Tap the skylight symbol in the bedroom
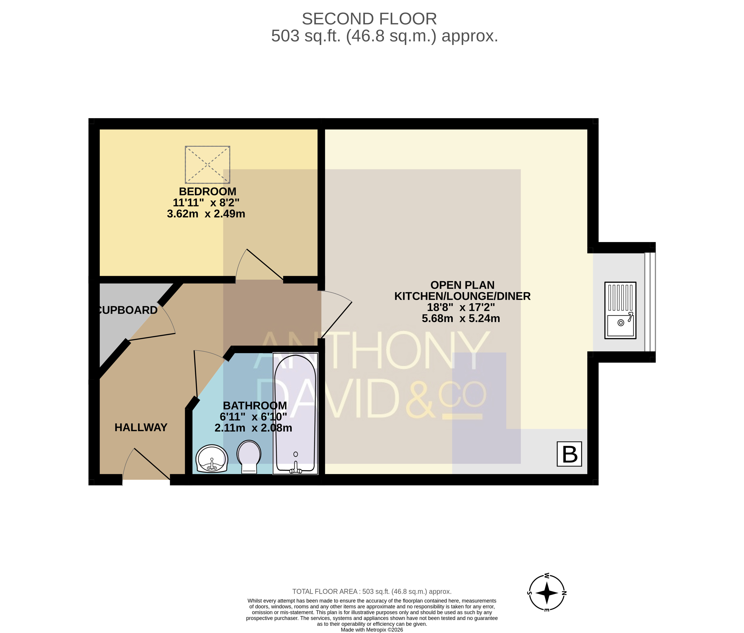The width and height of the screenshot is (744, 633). coord(207,165)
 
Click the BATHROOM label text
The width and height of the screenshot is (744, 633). coord(255,405)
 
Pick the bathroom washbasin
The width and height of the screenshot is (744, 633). coord(212,459)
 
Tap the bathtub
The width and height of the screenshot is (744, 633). coord(295,413)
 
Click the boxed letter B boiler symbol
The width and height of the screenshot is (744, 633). coord(569,454)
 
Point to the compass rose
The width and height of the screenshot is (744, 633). coord(547,592)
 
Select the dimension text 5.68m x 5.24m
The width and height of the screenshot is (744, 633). coord(461,318)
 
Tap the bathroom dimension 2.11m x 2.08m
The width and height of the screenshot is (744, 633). coord(253,428)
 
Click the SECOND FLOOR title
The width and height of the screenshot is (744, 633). coord(369,19)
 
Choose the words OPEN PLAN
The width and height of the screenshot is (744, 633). coord(462,285)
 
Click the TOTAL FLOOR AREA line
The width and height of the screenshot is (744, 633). coord(372,591)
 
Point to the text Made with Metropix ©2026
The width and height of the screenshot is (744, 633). coord(372,629)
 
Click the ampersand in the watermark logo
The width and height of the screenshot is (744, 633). coord(420,399)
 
